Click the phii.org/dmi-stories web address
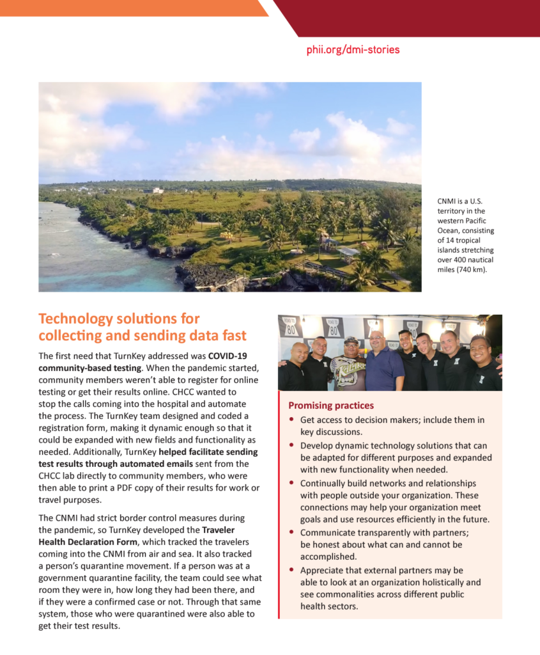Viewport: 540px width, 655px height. pyautogui.click(x=353, y=50)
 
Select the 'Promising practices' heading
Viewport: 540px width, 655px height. pyautogui.click(x=331, y=406)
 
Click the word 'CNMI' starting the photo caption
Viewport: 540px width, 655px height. pyautogui.click(x=447, y=201)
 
